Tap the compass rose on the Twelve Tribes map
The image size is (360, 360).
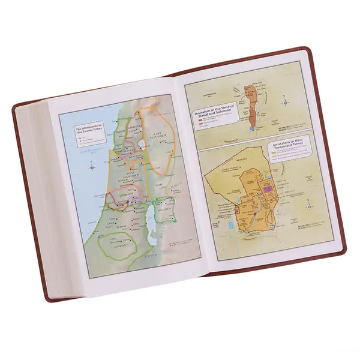click(91, 166)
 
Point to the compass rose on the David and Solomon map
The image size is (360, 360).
click(287, 103)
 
